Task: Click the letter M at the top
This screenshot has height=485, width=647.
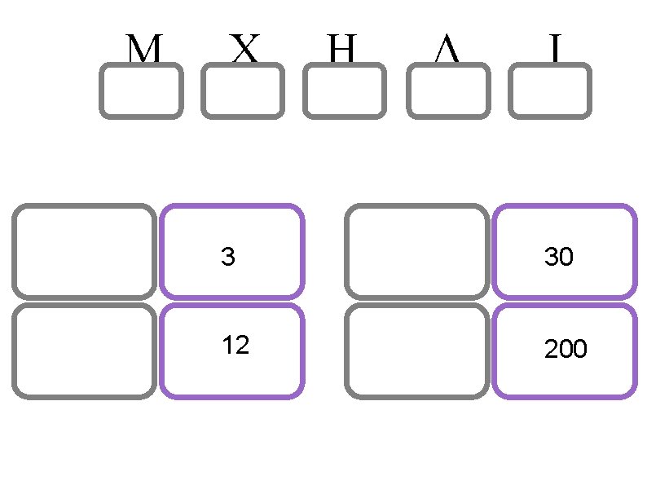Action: point(143,51)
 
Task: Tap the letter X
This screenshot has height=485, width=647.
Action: point(244,51)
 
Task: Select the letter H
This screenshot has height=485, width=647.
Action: point(343,51)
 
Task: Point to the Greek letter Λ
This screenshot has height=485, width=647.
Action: point(447,51)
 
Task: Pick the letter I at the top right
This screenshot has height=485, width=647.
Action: point(554,51)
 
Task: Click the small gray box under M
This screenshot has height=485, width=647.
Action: point(141,91)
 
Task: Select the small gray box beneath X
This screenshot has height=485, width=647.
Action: point(243,91)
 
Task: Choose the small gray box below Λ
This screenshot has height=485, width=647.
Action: point(447,91)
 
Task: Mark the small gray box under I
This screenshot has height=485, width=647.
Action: point(549,91)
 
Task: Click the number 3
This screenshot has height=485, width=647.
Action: point(228,258)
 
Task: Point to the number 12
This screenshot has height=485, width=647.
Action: point(235,346)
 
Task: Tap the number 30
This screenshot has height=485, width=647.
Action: point(559,258)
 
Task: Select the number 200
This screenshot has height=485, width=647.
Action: point(566,350)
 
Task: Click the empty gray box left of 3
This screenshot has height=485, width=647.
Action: point(84,251)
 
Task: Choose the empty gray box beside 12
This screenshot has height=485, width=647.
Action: point(84,351)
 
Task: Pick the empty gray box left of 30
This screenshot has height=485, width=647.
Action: point(416,251)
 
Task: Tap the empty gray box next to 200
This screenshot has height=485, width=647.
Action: point(416,351)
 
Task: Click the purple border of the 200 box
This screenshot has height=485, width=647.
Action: point(564,396)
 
